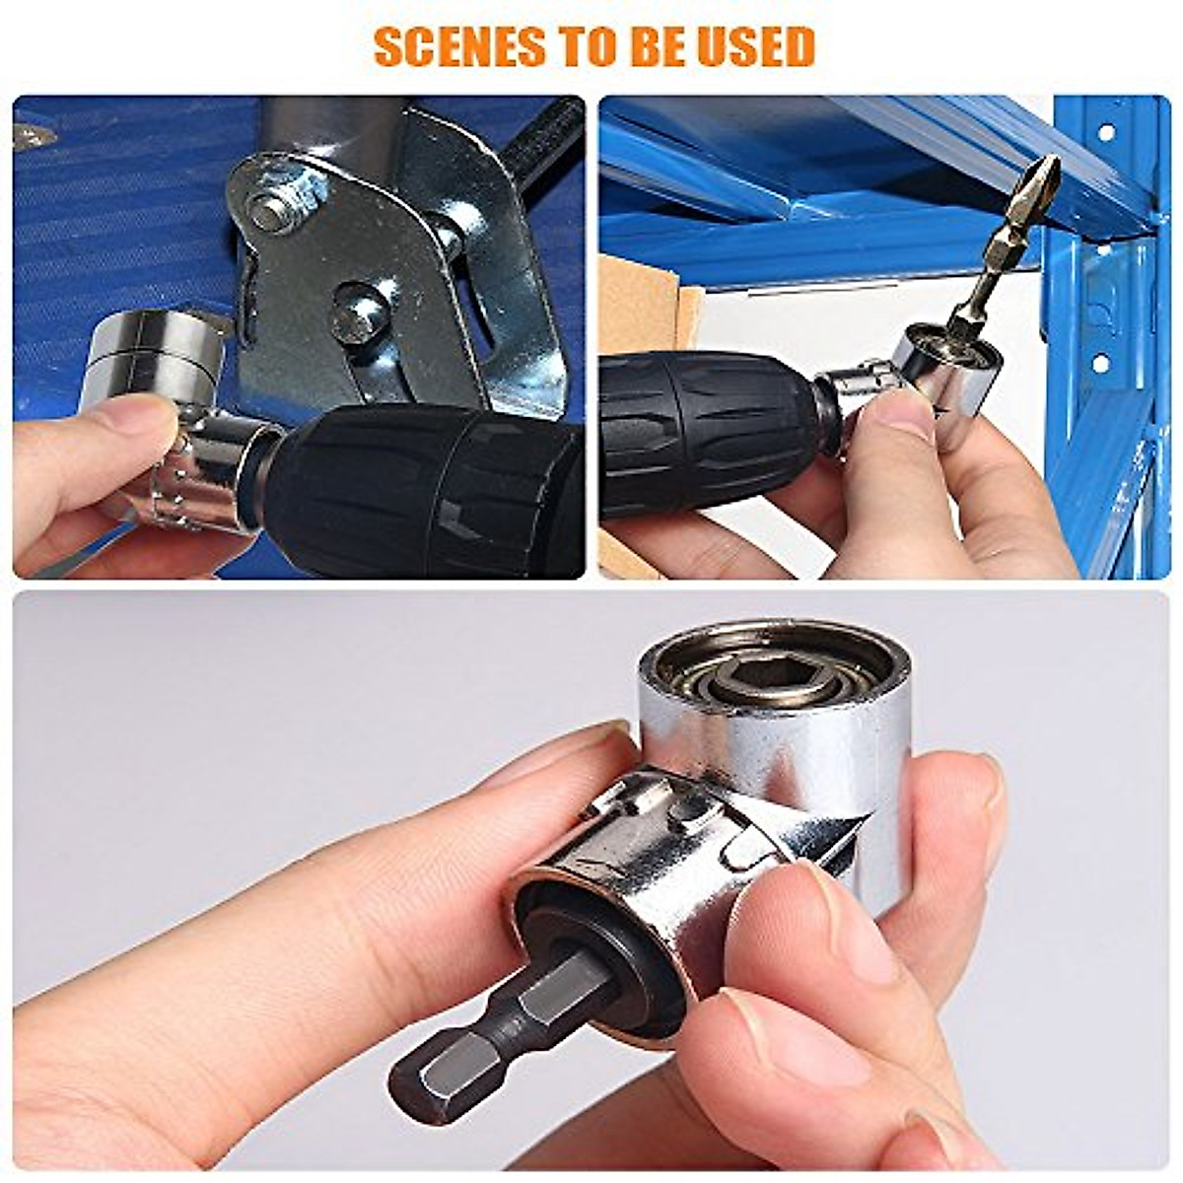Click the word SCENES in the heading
coord(449,46)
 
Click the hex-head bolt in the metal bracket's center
coord(358,313)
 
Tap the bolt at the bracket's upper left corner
coord(271,209)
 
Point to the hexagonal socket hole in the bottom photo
coord(756,676)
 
